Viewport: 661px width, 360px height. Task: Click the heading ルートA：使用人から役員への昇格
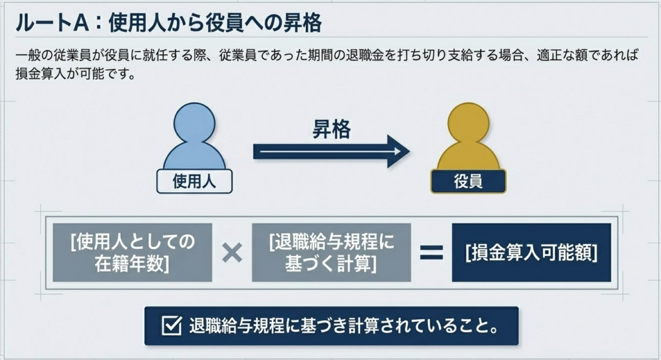[x=168, y=24]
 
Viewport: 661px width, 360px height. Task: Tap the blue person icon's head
[x=194, y=122]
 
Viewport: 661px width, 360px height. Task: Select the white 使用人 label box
[x=194, y=182]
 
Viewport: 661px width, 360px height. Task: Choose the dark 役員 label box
[x=469, y=182]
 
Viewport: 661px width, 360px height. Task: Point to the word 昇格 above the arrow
[x=331, y=130]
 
